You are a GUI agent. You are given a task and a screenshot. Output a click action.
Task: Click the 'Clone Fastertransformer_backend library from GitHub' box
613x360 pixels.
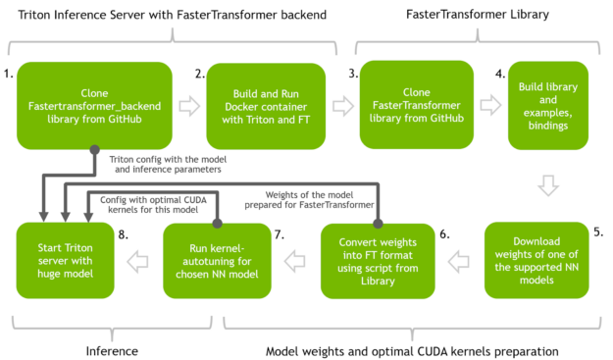[x=94, y=104]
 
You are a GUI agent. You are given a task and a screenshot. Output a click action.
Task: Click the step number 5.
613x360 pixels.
[x=597, y=232]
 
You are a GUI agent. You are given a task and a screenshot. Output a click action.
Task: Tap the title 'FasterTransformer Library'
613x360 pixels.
[x=480, y=16]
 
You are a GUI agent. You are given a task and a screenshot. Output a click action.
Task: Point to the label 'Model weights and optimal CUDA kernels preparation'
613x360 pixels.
[x=412, y=349]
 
